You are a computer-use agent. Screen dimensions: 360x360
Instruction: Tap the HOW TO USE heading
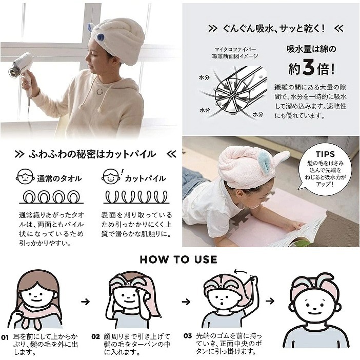(178, 259)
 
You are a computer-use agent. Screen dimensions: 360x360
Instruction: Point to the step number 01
(5, 338)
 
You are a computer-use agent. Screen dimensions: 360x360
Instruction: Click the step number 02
(96, 337)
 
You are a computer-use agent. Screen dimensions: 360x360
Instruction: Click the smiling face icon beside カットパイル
(110, 177)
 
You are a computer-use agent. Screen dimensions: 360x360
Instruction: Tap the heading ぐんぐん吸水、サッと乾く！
(272, 28)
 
